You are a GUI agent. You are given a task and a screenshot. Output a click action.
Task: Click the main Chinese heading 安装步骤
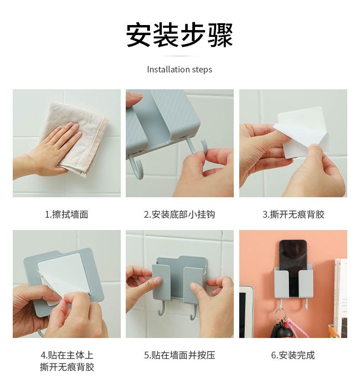(180, 35)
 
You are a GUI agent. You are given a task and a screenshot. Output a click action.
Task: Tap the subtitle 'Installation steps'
(180, 70)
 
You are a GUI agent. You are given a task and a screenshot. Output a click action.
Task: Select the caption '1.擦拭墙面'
(67, 215)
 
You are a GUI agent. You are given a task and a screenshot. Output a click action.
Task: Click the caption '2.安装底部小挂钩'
(180, 215)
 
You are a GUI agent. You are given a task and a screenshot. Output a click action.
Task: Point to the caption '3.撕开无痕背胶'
(293, 215)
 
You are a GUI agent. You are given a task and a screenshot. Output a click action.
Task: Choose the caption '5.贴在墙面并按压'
(180, 355)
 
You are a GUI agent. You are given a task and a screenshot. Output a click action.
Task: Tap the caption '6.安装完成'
(293, 355)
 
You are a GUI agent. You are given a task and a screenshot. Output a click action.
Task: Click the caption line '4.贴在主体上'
(67, 355)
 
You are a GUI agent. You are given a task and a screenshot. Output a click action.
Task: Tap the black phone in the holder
(293, 267)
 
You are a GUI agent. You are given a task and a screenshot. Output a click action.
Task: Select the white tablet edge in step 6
(246, 312)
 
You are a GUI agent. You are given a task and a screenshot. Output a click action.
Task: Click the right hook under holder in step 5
(194, 312)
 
